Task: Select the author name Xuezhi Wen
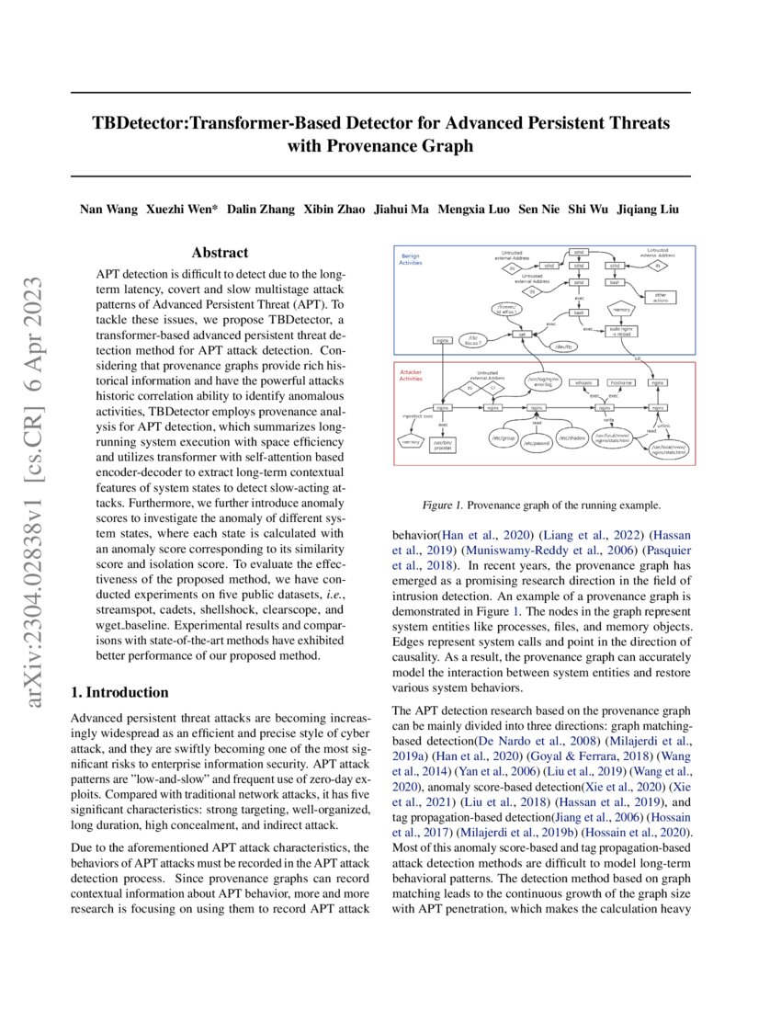pos(182,210)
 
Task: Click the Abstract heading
pos(220,253)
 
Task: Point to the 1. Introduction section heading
pos(119,692)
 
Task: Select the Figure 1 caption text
pos(536,505)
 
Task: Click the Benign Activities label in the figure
pos(410,259)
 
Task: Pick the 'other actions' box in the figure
pos(660,297)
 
